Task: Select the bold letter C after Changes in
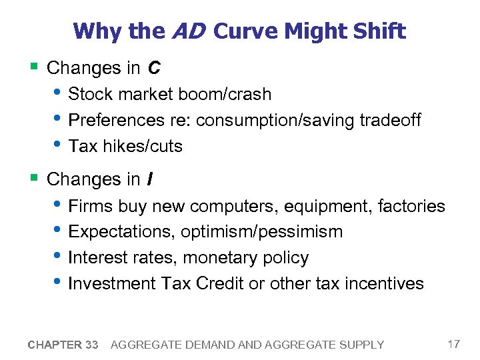pos(153,68)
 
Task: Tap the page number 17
pos(453,344)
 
